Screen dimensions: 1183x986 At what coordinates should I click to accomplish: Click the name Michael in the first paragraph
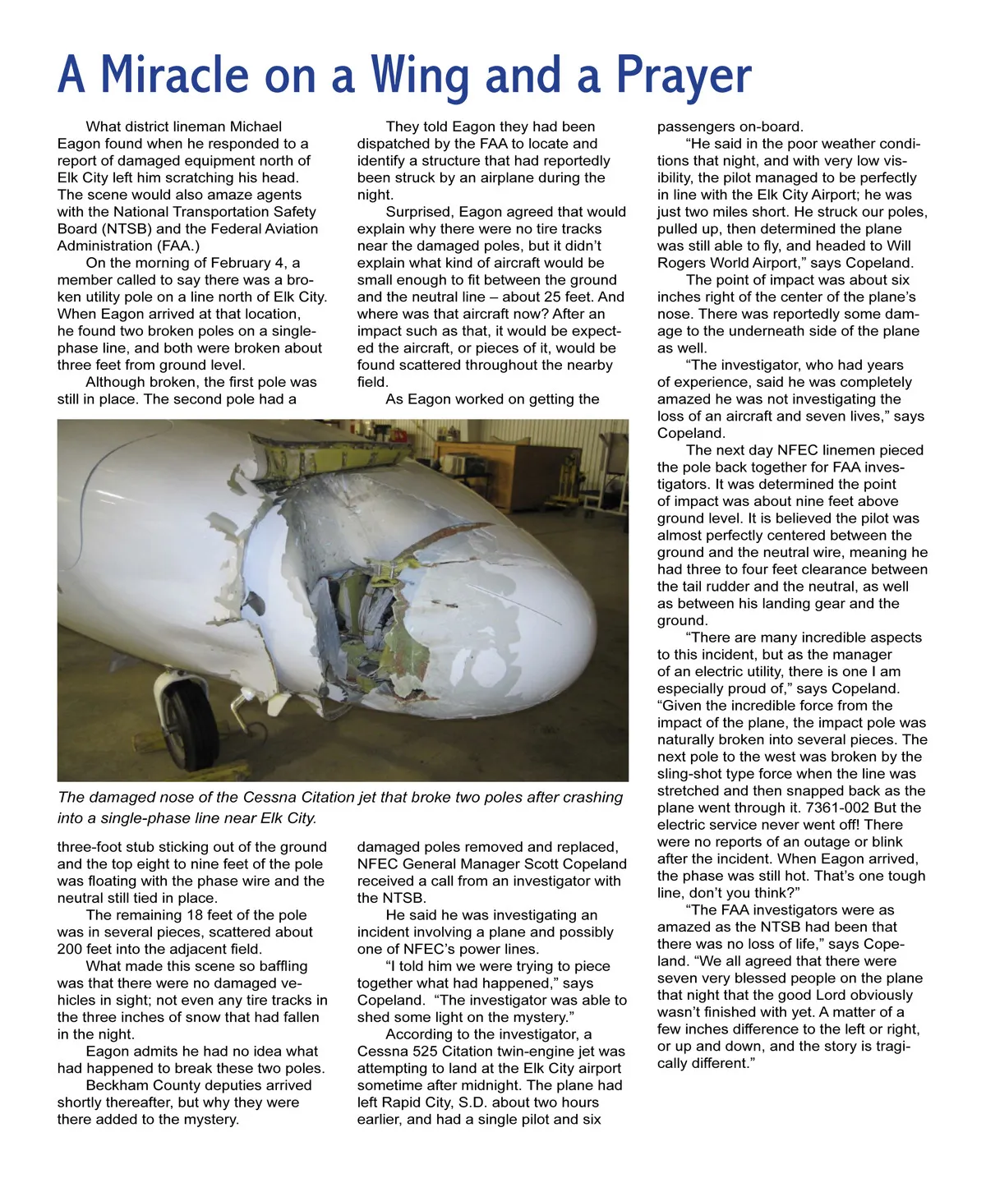tap(256, 127)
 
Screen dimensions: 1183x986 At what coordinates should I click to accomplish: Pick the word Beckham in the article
tap(121, 1085)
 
